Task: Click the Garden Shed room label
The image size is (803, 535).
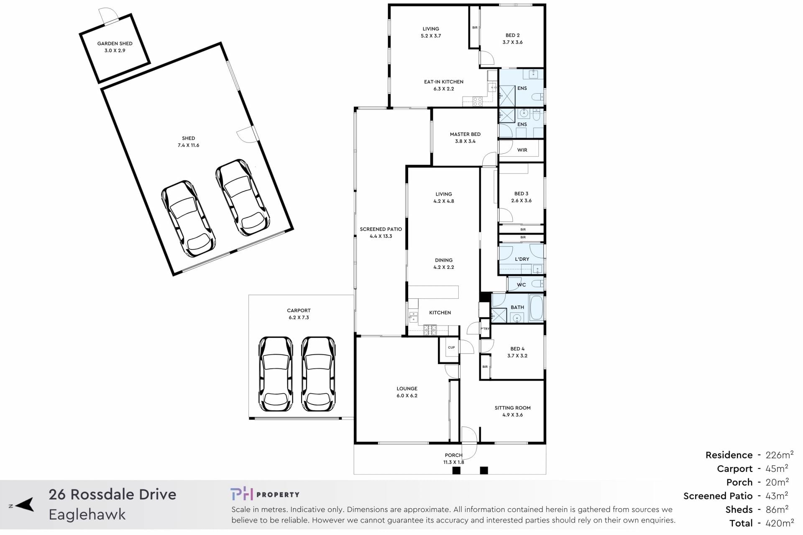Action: [x=115, y=43]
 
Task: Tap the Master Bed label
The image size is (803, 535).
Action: [x=465, y=134]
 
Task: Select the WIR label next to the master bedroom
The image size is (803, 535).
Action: [x=522, y=150]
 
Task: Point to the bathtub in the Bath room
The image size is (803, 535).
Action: [x=537, y=308]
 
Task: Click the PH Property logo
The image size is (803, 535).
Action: [x=265, y=494]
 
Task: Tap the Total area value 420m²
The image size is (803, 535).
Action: [x=779, y=522]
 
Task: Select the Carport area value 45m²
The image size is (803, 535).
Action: [x=777, y=468]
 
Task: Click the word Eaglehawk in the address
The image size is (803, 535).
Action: [x=87, y=515]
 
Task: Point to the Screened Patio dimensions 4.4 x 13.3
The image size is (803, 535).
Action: [x=381, y=236]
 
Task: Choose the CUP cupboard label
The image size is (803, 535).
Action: [x=451, y=347]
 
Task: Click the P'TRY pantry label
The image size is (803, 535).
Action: [x=485, y=329]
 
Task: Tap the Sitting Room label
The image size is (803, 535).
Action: [x=512, y=408]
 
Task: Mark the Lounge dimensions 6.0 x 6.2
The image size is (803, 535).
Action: [x=407, y=395]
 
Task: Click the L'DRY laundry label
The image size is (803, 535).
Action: [x=522, y=259]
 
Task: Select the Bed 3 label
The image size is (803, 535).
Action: [x=521, y=194]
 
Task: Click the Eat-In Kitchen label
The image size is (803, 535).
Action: [x=444, y=82]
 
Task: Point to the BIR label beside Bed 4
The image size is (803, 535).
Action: [x=485, y=367]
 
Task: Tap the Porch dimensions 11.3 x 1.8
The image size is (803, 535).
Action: [x=454, y=462]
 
